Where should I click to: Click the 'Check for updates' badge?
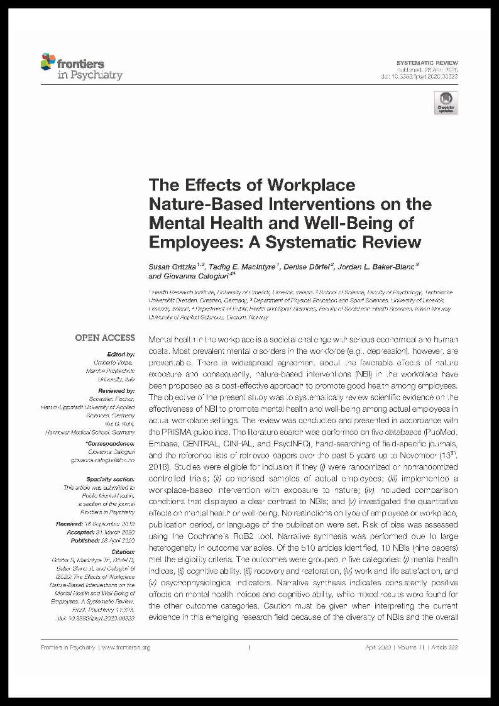coord(446,102)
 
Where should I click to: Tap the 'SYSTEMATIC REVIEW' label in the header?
coord(427,63)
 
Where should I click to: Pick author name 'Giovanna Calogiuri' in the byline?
coord(195,276)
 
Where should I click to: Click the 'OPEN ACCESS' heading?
coord(105,338)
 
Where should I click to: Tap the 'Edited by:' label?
coord(121,355)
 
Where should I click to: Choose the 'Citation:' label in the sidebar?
coord(123,550)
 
